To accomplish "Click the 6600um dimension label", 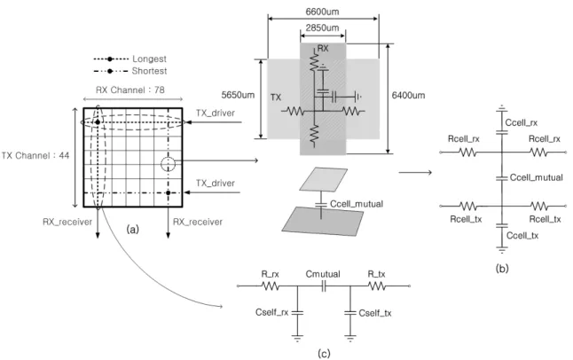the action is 322,12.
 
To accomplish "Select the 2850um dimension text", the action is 322,27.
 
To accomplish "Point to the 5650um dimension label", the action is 238,95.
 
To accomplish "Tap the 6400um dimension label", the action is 408,96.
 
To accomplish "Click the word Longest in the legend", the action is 149,59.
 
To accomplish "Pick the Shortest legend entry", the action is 149,71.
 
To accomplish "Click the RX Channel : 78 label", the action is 130,90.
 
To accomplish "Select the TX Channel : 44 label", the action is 35,156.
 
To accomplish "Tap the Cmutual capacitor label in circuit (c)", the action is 323,274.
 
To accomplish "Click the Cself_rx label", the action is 272,312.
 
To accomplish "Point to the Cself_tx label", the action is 375,313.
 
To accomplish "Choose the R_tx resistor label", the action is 376,274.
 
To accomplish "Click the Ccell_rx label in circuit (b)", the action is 521,122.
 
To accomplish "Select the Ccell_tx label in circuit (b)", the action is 522,236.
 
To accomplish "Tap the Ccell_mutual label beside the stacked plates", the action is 357,204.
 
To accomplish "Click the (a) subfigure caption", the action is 132,230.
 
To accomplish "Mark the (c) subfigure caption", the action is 324,354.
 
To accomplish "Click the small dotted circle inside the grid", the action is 169,164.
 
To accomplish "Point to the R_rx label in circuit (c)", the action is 270,274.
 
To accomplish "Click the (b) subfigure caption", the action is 502,269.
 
